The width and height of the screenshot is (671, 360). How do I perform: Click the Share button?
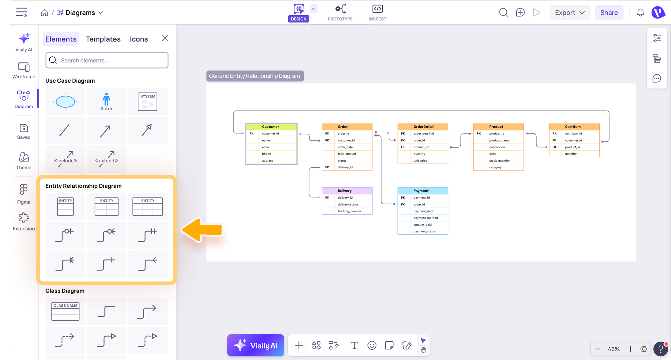[x=609, y=13]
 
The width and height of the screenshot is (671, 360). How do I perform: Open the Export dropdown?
[x=570, y=13]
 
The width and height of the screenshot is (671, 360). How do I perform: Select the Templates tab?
[x=103, y=39]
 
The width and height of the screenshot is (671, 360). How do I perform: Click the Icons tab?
[x=139, y=39]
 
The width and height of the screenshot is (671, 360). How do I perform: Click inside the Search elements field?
[x=107, y=60]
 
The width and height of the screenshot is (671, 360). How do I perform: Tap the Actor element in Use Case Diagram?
[x=106, y=102]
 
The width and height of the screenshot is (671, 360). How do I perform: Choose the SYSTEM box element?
[x=148, y=102]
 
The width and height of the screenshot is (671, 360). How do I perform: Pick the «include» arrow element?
[x=65, y=159]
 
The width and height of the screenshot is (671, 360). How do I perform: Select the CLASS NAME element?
[x=65, y=311]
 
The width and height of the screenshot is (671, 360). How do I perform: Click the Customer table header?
[x=271, y=127]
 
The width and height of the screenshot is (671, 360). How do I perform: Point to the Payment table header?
[x=423, y=191]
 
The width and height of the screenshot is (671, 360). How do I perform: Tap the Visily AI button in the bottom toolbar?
[x=256, y=345]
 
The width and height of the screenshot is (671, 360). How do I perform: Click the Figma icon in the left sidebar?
[x=24, y=194]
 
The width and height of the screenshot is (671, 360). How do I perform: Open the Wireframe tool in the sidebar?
[x=24, y=70]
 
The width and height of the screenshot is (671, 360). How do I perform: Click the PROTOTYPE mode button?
[x=340, y=13]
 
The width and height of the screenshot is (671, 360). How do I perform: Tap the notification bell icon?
[x=640, y=13]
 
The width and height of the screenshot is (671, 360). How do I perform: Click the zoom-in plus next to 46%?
[x=630, y=349]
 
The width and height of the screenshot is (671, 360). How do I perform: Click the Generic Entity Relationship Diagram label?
[x=255, y=76]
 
